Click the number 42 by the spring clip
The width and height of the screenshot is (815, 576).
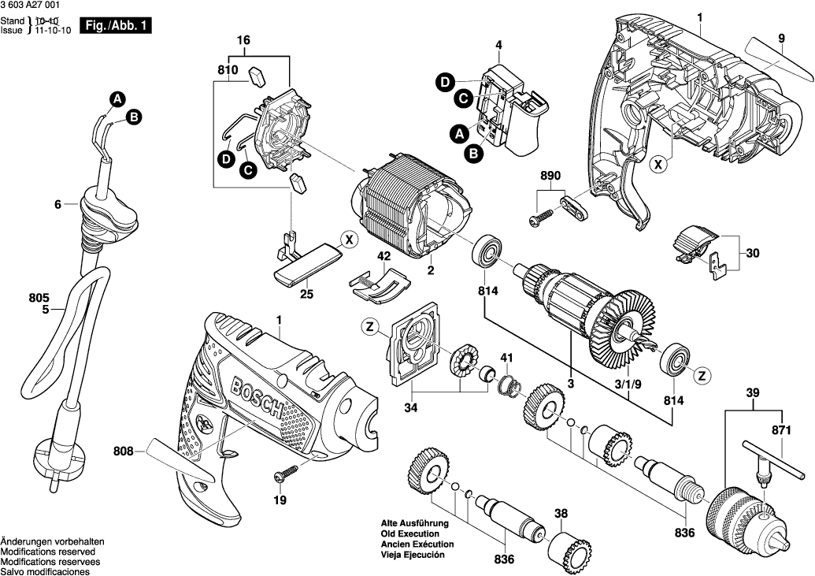tap(383, 256)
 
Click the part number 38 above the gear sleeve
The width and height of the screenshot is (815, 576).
tap(561, 515)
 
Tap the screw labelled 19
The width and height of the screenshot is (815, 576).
tap(286, 475)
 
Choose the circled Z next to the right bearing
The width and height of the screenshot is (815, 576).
tap(700, 374)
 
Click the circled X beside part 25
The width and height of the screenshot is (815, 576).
tap(347, 239)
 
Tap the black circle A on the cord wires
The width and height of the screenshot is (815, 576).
tap(117, 99)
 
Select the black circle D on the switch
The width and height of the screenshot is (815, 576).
tap(445, 82)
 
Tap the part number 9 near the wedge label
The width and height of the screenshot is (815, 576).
tap(782, 38)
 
